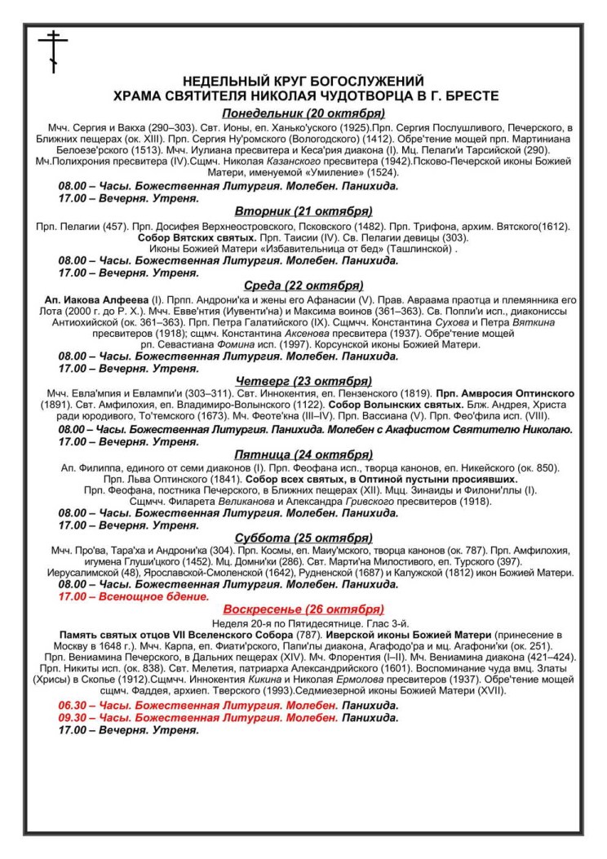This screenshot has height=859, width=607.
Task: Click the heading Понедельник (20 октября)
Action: coord(303,113)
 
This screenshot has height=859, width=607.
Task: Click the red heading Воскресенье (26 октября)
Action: coord(303,609)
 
